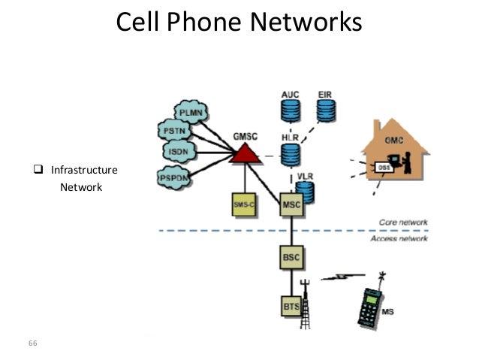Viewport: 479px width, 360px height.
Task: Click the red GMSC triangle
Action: pos(243,154)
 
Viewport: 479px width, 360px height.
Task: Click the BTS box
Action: pos(291,307)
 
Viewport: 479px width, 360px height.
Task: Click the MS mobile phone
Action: pos(373,306)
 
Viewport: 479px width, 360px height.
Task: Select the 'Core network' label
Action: pos(402,222)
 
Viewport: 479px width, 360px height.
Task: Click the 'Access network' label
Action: pos(399,238)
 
